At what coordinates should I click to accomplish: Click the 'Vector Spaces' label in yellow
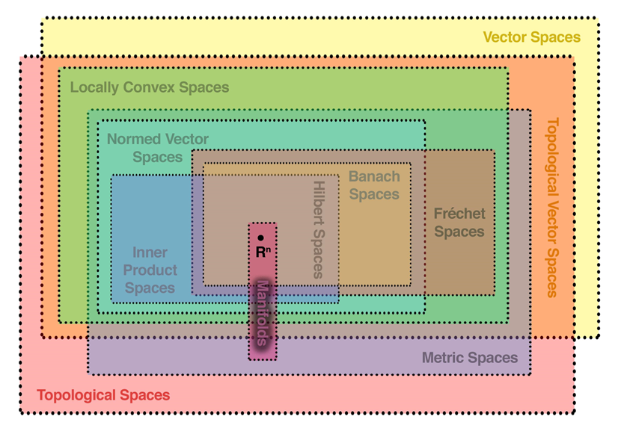pyautogui.click(x=531, y=37)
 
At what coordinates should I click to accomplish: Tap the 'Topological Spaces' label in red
pyautogui.click(x=103, y=395)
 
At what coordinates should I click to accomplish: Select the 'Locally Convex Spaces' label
pyautogui.click(x=150, y=87)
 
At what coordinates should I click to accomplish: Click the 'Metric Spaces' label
pyautogui.click(x=470, y=358)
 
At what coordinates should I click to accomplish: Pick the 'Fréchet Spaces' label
pyautogui.click(x=459, y=223)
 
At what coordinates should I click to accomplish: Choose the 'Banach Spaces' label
pyautogui.click(x=374, y=186)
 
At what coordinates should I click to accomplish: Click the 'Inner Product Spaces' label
pyautogui.click(x=150, y=270)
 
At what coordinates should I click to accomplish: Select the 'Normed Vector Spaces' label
pyautogui.click(x=158, y=148)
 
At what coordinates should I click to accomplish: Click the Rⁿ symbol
pyautogui.click(x=262, y=252)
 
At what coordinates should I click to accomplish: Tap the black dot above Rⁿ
pyautogui.click(x=260, y=238)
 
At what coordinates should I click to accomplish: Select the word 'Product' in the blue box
pyautogui.click(x=150, y=270)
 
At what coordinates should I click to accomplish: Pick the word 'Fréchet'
pyautogui.click(x=459, y=214)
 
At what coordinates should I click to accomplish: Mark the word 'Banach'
pyautogui.click(x=374, y=177)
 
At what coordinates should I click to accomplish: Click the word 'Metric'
pyautogui.click(x=445, y=358)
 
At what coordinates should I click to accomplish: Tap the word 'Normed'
pyautogui.click(x=132, y=139)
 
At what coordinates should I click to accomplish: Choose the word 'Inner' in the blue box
pyautogui.click(x=150, y=252)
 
